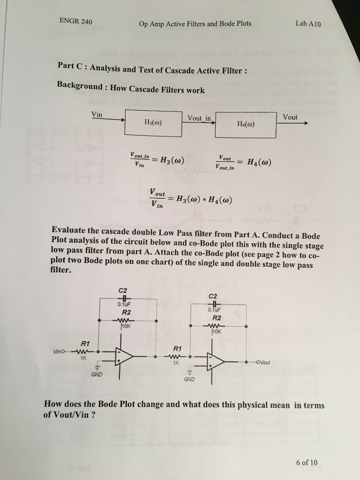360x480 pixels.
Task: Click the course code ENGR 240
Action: pyautogui.click(x=76, y=22)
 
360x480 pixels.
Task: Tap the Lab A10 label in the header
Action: pyautogui.click(x=308, y=23)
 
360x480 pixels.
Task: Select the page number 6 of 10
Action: pyautogui.click(x=307, y=462)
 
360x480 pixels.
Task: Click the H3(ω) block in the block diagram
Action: pyautogui.click(x=153, y=122)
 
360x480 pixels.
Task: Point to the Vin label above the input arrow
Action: pyautogui.click(x=97, y=114)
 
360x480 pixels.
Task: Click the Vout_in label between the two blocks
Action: pyautogui.click(x=199, y=118)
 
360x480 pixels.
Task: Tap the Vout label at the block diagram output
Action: pyautogui.click(x=290, y=117)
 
